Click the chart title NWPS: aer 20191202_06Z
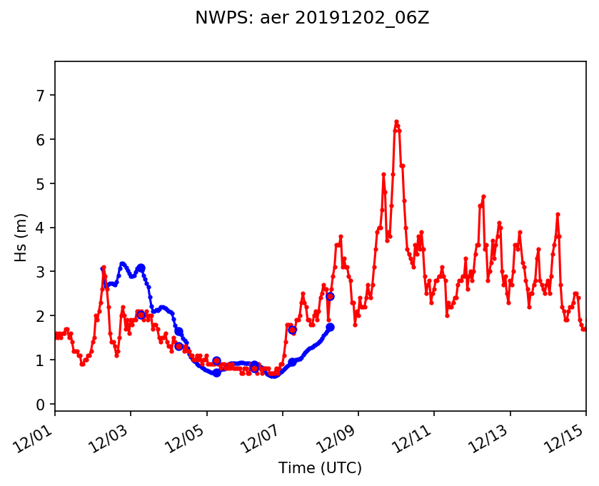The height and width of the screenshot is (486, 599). point(312,19)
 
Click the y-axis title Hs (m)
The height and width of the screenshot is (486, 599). point(21,237)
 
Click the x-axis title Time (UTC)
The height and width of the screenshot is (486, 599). point(320,468)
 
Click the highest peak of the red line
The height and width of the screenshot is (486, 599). point(396,122)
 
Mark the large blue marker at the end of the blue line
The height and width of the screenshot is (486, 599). point(330,327)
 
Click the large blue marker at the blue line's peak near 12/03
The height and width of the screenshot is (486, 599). point(141,268)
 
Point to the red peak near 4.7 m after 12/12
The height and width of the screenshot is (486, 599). point(483,196)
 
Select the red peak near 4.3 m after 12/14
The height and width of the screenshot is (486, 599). point(558,214)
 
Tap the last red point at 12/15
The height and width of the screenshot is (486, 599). point(585,329)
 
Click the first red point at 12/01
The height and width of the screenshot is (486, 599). point(56,334)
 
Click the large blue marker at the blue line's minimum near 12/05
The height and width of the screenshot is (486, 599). point(216,373)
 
